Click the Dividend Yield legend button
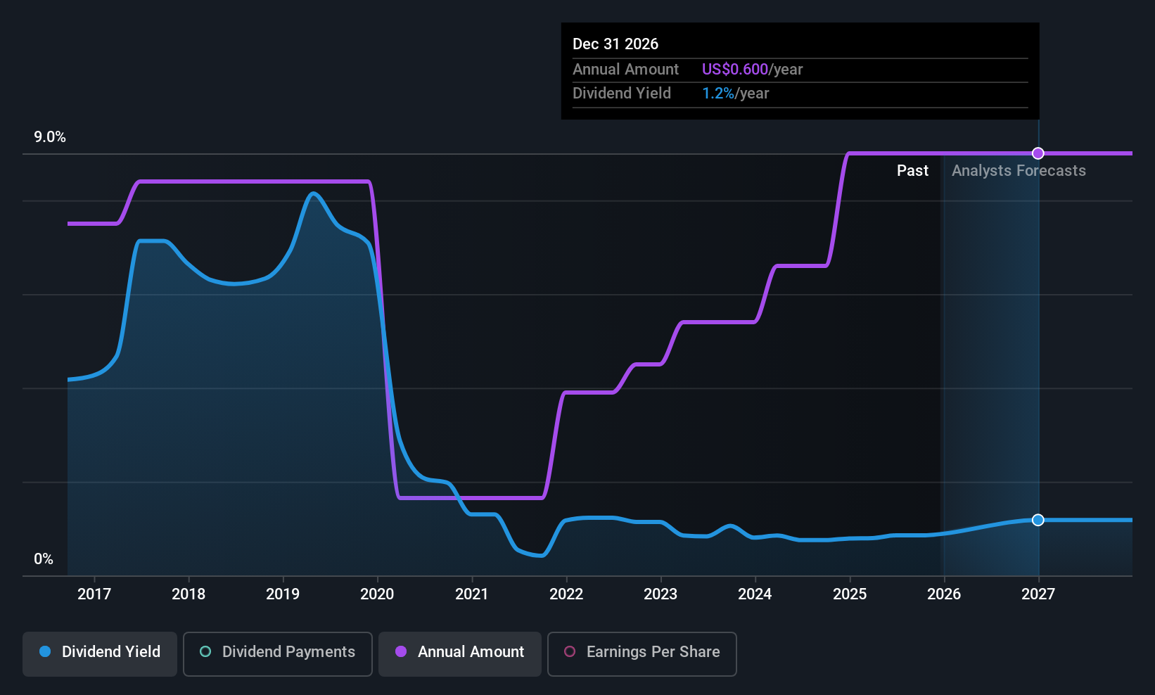(99, 652)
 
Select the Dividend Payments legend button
(277, 652)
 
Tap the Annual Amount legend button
(459, 652)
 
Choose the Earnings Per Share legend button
(642, 652)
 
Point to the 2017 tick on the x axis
(94, 594)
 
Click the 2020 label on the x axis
(377, 594)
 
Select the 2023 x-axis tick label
(661, 594)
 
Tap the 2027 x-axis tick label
(1038, 594)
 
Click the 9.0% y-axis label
(50, 137)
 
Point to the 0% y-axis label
(44, 559)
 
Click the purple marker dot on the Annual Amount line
(1038, 153)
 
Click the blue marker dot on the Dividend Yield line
(1038, 520)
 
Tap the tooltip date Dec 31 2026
(615, 44)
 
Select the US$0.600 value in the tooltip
(735, 70)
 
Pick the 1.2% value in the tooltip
(718, 94)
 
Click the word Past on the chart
(912, 171)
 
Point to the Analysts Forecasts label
(1019, 171)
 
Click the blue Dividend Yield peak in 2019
(313, 193)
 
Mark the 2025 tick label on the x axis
(850, 594)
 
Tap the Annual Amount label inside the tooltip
(625, 70)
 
